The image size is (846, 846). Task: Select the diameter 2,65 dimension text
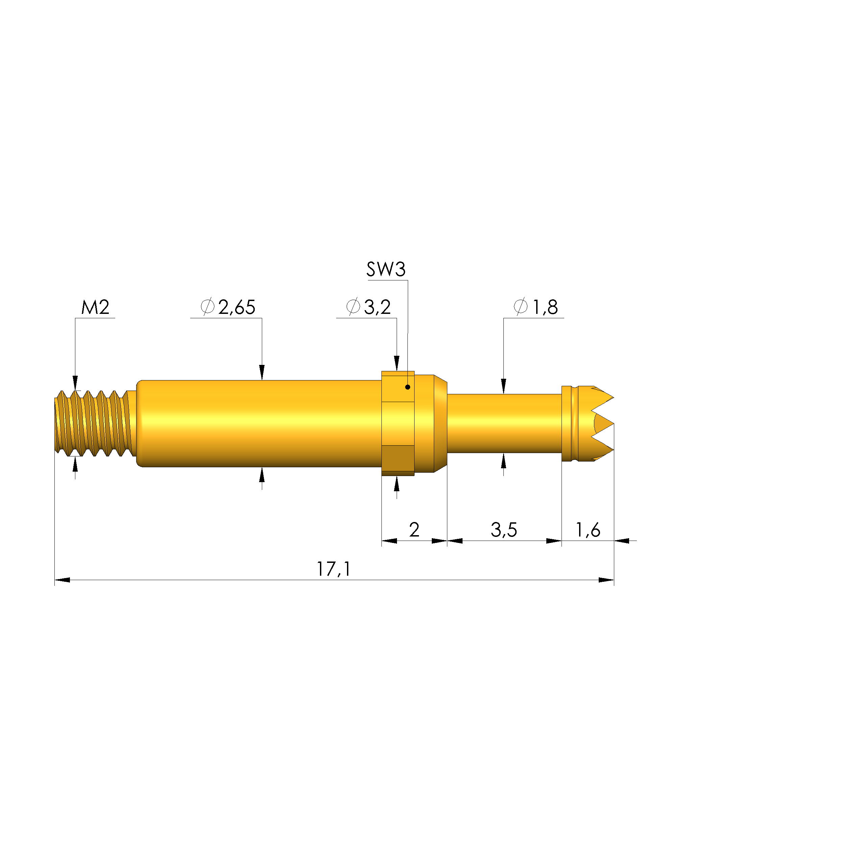pos(228,307)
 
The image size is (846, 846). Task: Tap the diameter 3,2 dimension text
pos(368,307)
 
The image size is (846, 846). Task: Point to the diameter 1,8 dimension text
pos(536,307)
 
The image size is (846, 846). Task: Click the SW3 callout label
pos(386,269)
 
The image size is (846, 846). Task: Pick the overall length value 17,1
pos(334,569)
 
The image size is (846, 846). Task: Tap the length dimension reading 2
pos(414,530)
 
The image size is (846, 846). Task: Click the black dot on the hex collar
pos(408,387)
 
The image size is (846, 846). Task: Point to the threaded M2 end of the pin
pos(94,423)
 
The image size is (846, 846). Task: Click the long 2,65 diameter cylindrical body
pos(258,423)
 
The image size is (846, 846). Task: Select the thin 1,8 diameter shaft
pos(503,423)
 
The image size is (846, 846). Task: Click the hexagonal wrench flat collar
pos(398,423)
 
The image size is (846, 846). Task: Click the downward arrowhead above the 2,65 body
pos(262,373)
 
